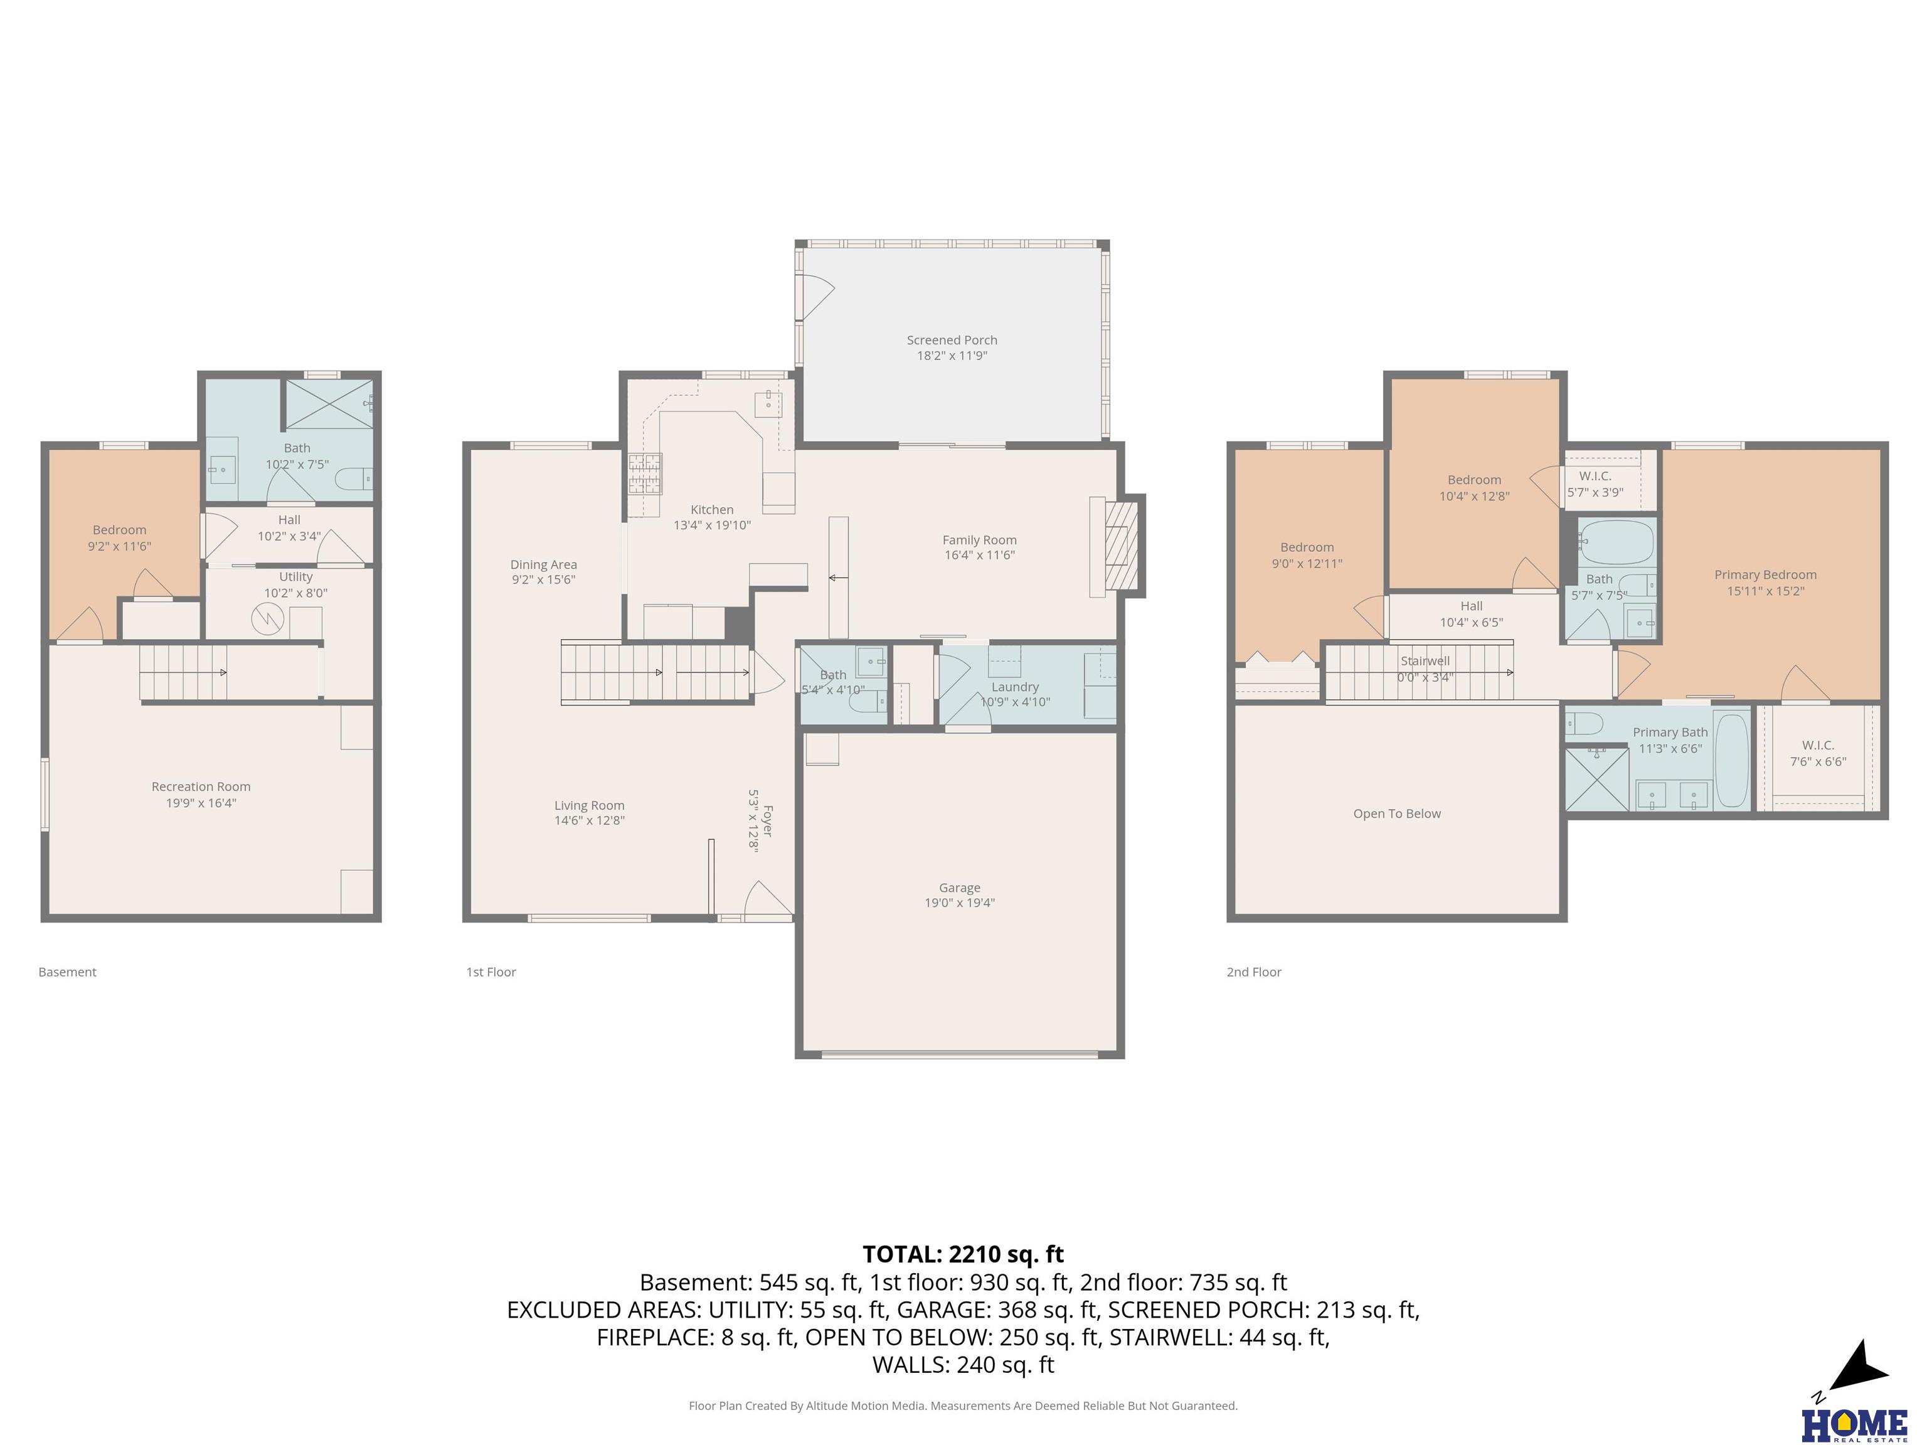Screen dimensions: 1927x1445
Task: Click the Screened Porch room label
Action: click(952, 340)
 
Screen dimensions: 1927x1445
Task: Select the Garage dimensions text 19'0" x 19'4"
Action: click(959, 903)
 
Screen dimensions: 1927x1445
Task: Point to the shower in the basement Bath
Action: click(329, 403)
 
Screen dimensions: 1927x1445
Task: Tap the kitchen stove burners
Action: click(645, 475)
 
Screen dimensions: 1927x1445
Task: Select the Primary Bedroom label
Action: click(1765, 575)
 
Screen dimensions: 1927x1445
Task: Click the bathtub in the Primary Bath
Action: click(1731, 760)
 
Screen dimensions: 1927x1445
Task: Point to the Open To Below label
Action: click(1396, 813)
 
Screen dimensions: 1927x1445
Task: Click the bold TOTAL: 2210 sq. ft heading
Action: click(963, 1254)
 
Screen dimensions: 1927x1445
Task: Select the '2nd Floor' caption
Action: click(1253, 972)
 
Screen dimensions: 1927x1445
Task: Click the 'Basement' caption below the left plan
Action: click(67, 972)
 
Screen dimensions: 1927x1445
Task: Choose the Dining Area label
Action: click(544, 564)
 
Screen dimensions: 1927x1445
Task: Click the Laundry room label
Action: click(1015, 687)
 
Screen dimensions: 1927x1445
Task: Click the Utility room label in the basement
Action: click(296, 576)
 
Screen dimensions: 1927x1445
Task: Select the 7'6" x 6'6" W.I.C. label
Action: click(1818, 761)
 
